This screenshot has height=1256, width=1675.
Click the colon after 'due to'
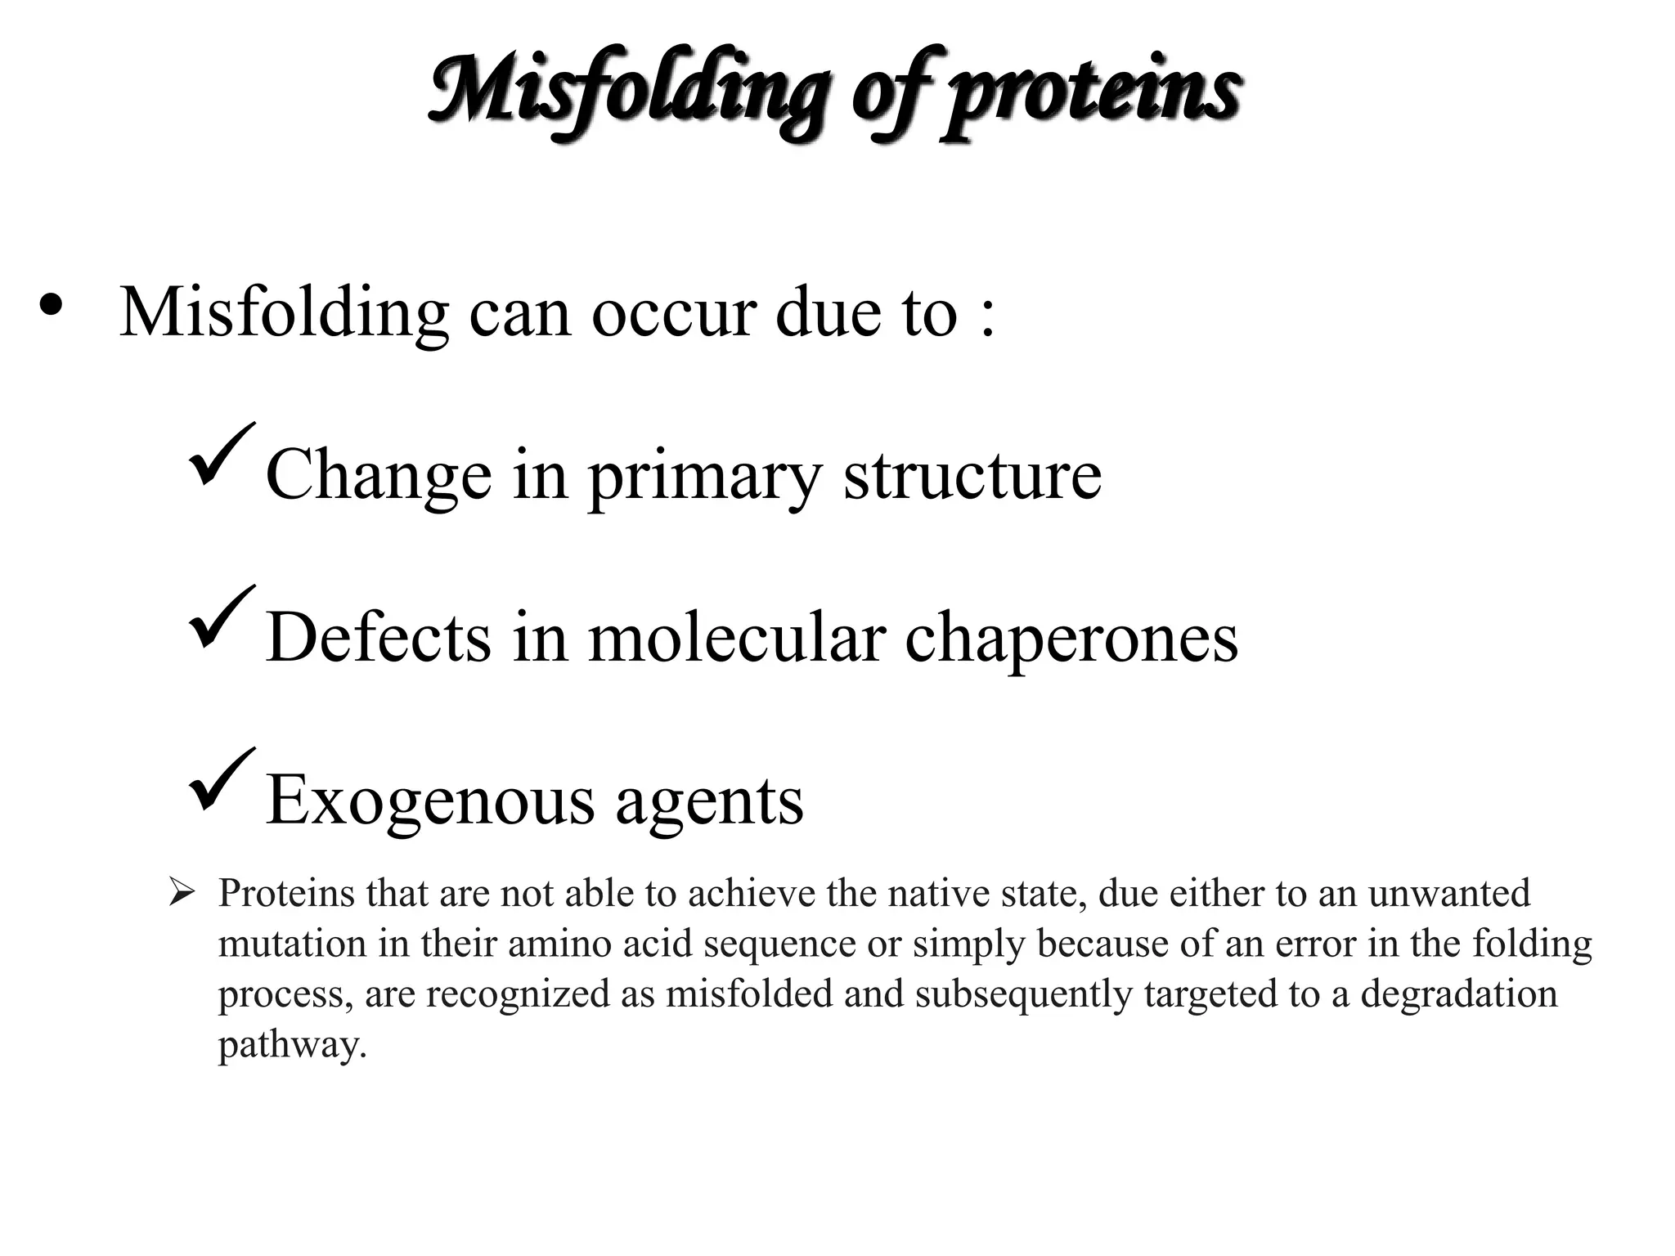(987, 316)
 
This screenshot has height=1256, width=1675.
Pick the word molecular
(737, 638)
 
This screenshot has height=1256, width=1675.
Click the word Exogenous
(430, 801)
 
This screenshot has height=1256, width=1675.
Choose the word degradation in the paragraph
(1459, 995)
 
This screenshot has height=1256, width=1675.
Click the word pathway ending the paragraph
(292, 1047)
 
